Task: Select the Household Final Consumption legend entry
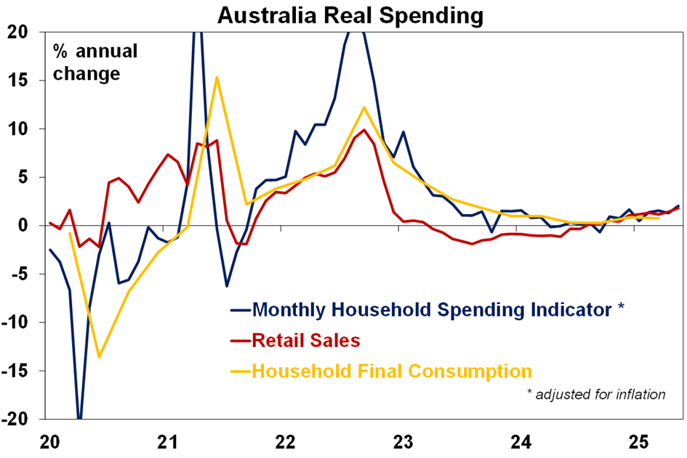(392, 371)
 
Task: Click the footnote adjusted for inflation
(596, 395)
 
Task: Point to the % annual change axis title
(93, 62)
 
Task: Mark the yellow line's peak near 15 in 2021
(217, 77)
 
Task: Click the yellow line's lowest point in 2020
(99, 356)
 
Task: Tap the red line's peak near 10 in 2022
(363, 130)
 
